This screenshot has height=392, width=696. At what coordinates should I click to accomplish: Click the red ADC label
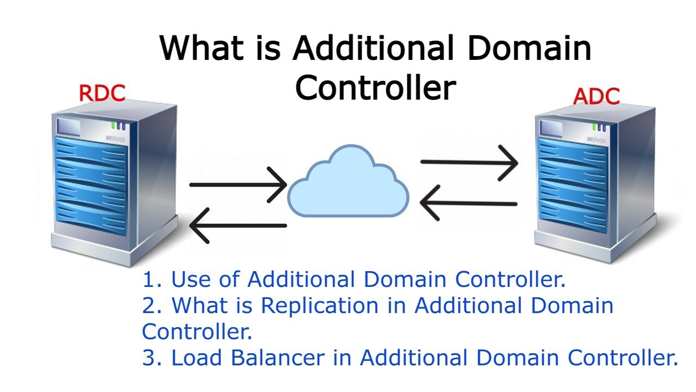tap(596, 96)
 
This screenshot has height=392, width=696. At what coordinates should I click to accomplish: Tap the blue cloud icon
tap(348, 182)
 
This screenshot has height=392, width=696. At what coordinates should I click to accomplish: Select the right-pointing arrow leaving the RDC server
tap(238, 185)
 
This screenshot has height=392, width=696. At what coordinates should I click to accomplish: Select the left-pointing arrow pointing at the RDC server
tap(238, 225)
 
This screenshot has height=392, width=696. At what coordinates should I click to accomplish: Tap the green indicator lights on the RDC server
tap(119, 125)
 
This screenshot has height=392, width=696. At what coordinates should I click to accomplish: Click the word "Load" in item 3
tap(197, 358)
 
